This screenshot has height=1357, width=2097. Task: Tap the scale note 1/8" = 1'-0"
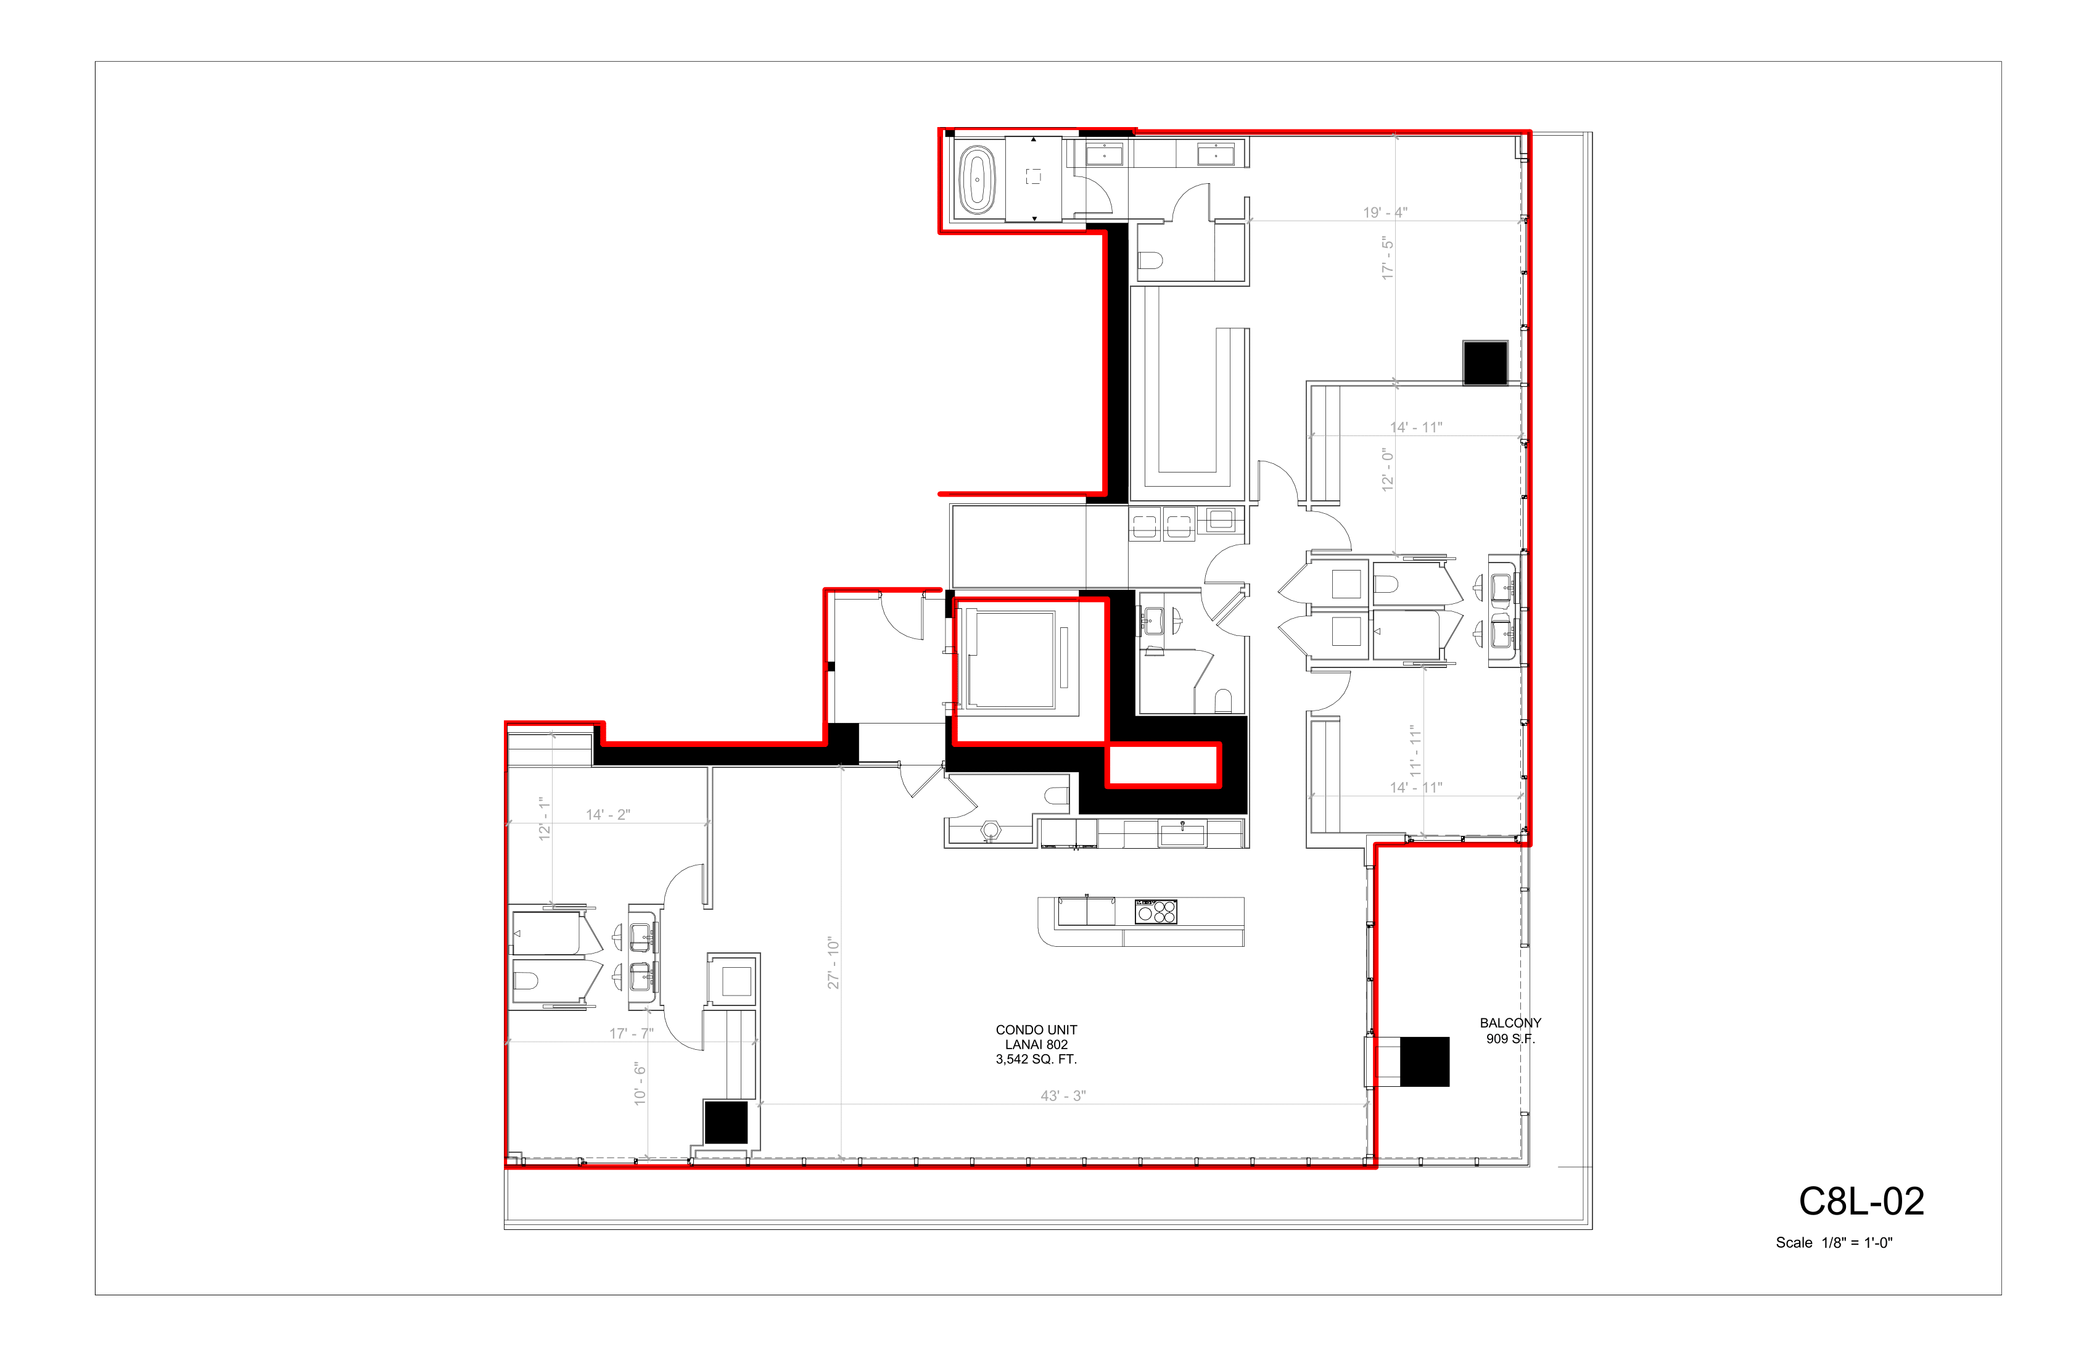tap(1834, 1242)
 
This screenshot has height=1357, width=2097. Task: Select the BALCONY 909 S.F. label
tap(1510, 1031)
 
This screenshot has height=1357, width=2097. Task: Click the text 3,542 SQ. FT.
tap(1036, 1059)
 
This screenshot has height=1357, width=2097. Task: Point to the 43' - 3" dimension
tap(1063, 1096)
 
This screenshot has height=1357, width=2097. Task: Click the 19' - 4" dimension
tap(1385, 212)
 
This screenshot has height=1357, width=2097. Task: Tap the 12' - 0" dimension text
tap(1388, 469)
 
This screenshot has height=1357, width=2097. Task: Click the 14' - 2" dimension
tap(608, 815)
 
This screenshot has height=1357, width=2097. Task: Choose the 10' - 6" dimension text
tap(640, 1084)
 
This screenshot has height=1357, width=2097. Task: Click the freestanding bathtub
tap(976, 179)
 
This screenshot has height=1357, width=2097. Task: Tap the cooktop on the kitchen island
tap(1156, 911)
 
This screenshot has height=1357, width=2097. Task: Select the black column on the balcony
tap(1425, 1062)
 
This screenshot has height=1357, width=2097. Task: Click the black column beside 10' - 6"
tap(726, 1123)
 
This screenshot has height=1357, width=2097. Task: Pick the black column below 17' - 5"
tap(1486, 363)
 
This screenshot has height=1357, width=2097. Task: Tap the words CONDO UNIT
tap(1036, 1030)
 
